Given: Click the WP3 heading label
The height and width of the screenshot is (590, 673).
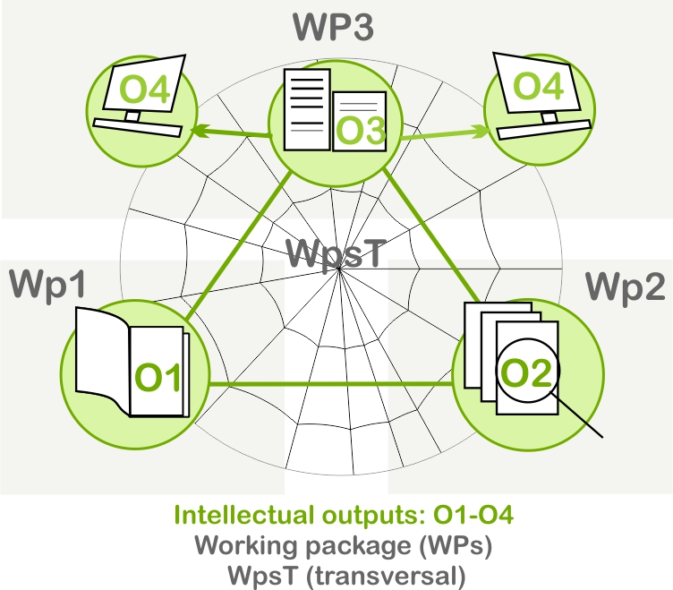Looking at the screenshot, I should [x=332, y=27].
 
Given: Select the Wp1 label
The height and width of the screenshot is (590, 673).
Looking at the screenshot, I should [x=47, y=286].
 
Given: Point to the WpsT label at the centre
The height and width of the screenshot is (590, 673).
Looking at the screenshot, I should [x=336, y=253].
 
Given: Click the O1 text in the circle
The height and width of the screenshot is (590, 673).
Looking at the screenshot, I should [x=158, y=378].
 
